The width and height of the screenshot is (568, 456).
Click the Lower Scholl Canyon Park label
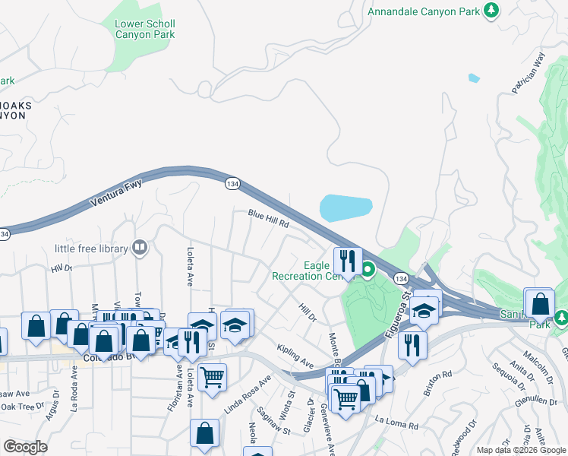[x=144, y=29]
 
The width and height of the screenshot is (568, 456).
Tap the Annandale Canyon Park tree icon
[x=492, y=10]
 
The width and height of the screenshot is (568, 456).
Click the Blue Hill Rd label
[x=269, y=219]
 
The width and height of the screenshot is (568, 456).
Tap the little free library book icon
[x=140, y=247]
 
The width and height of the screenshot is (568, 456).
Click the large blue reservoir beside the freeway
[x=346, y=207]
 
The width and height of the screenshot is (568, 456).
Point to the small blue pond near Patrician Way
[x=474, y=78]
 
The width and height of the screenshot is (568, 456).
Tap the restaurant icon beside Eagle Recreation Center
[x=347, y=261]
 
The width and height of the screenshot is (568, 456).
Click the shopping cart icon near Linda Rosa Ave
[x=212, y=376]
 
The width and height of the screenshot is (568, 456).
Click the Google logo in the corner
[x=25, y=447]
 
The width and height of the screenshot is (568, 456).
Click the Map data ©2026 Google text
[x=521, y=450]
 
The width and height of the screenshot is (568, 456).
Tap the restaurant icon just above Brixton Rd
[x=412, y=344]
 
